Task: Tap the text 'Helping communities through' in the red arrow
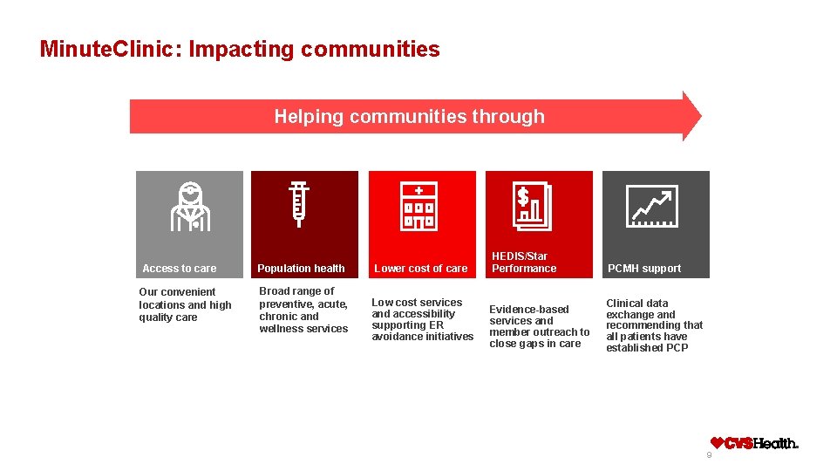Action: tap(409, 116)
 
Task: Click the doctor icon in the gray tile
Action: tap(189, 207)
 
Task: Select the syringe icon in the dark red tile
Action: tap(300, 205)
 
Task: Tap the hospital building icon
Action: tap(419, 207)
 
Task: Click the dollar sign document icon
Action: tap(531, 207)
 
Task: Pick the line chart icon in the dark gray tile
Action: tap(652, 207)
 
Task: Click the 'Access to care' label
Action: tap(180, 269)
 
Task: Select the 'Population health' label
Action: tap(301, 269)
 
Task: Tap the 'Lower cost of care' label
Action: tap(420, 269)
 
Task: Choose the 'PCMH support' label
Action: tap(644, 269)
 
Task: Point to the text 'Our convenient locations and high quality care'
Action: tap(185, 304)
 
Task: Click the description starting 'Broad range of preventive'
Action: tap(303, 310)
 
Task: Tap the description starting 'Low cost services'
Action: tap(423, 319)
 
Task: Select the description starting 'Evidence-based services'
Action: tap(539, 326)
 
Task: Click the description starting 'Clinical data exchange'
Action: tap(654, 325)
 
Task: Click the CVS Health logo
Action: tap(754, 443)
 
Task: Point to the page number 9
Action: tap(709, 455)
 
